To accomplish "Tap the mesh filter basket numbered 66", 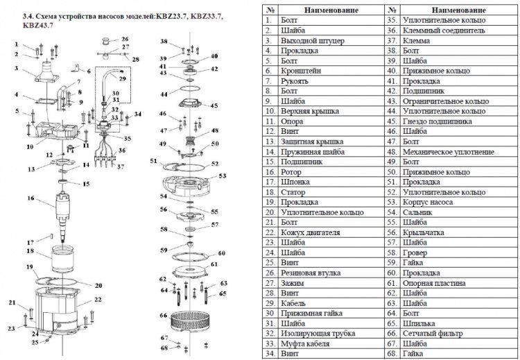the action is click(188, 321).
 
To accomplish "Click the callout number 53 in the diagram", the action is click(222, 175).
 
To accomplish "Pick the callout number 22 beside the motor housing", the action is click(98, 299).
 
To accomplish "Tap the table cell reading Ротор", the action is click(291, 172).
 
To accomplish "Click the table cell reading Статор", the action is click(293, 192).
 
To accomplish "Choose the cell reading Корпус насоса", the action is click(428, 202).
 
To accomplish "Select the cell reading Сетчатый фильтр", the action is click(433, 334).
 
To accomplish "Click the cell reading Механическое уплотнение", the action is click(449, 152).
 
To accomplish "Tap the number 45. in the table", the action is click(392, 121).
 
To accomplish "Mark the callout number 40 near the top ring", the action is click(214, 56).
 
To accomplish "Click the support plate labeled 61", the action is click(190, 271).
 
